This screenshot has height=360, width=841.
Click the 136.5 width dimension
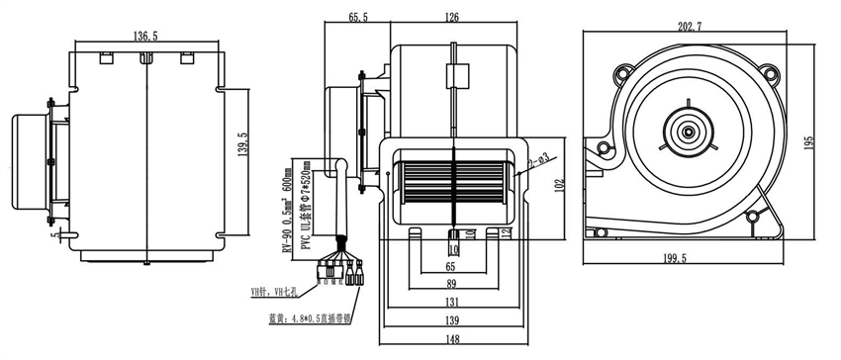pyautogui.click(x=144, y=36)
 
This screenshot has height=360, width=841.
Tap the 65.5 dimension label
pyautogui.click(x=358, y=17)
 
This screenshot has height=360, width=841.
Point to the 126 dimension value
pyautogui.click(x=452, y=17)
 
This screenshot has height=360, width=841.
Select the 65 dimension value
pyautogui.click(x=451, y=266)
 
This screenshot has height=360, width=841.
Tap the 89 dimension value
pyautogui.click(x=451, y=285)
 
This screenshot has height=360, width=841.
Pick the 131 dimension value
pyautogui.click(x=451, y=303)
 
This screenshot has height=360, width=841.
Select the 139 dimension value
pyautogui.click(x=451, y=321)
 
